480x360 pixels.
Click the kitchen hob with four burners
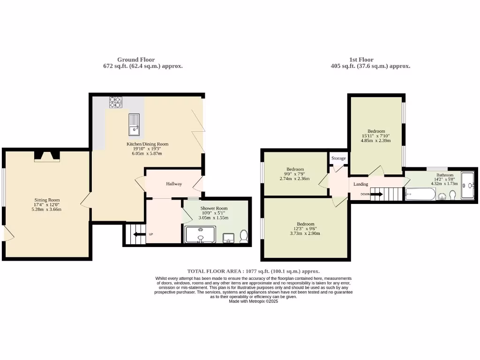pyautogui.click(x=115, y=102)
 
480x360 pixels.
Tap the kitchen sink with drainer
pyautogui.click(x=134, y=123)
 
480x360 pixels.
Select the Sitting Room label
pyautogui.click(x=47, y=200)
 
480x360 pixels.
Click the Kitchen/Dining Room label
pyautogui.click(x=147, y=144)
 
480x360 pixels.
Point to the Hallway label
pyautogui.click(x=173, y=184)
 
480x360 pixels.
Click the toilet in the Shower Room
pyautogui.click(x=244, y=236)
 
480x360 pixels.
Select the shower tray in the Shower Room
pyautogui.click(x=200, y=234)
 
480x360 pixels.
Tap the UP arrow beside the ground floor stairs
pyautogui.click(x=139, y=234)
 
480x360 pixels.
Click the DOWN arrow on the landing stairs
pyautogui.click(x=377, y=194)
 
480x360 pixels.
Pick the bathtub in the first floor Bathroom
pyautogui.click(x=420, y=194)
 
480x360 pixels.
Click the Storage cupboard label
pyautogui.click(x=338, y=158)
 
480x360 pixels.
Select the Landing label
pyautogui.click(x=360, y=184)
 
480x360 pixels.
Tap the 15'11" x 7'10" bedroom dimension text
pyautogui.click(x=376, y=136)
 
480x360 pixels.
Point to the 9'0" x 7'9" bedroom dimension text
pyautogui.click(x=295, y=174)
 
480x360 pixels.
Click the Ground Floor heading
pyautogui.click(x=136, y=60)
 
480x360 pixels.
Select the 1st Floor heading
pyautogui.click(x=361, y=60)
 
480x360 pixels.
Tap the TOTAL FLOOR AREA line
pyautogui.click(x=253, y=271)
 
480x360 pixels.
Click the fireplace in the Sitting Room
pyautogui.click(x=47, y=157)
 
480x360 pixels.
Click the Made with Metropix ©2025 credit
pyautogui.click(x=253, y=301)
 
